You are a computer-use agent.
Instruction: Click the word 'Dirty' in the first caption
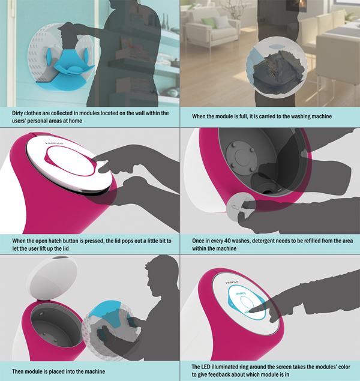click(x=17, y=113)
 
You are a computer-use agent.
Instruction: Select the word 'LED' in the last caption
click(x=206, y=367)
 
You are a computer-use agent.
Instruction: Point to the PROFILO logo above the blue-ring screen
click(x=232, y=283)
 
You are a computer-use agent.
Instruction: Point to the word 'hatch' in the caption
click(x=55, y=241)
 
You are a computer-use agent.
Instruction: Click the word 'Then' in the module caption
click(x=18, y=371)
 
